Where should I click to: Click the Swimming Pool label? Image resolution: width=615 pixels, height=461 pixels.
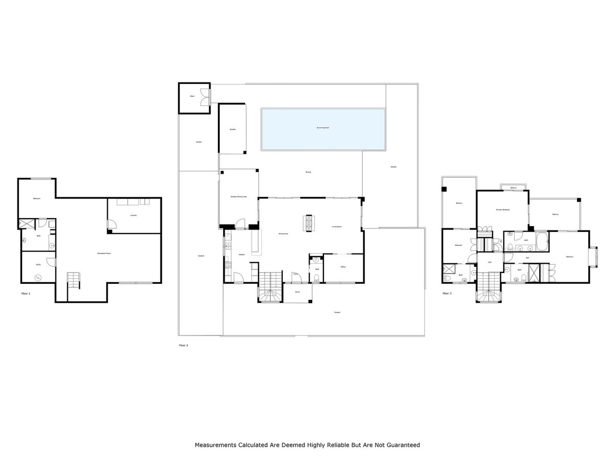point(323,128)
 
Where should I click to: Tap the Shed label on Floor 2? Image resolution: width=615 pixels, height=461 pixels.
point(192,96)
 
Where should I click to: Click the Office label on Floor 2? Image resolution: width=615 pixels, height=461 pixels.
point(343,267)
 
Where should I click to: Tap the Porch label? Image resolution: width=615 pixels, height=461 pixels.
point(296,292)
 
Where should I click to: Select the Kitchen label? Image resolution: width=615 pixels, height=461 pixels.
point(241,255)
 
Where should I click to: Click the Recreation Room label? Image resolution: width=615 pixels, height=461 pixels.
point(105,254)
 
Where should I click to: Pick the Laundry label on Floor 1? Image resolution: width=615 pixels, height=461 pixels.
point(133,215)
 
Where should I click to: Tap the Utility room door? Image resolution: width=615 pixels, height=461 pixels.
point(50,262)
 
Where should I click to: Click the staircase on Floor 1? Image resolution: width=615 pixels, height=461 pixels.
point(74,281)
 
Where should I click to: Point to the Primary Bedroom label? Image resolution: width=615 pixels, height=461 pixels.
point(503,210)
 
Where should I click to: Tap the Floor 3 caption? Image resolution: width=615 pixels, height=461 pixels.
point(447,294)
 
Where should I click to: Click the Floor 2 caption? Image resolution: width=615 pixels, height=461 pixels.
point(183,346)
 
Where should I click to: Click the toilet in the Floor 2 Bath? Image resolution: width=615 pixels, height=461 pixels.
point(316,278)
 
